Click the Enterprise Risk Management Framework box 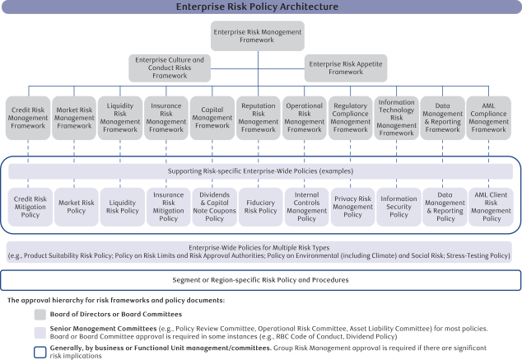pyautogui.click(x=258, y=36)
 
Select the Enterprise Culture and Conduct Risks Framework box pyautogui.click(x=170, y=68)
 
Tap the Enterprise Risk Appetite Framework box pyautogui.click(x=346, y=68)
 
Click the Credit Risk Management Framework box pyautogui.click(x=28, y=118)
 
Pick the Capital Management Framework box pyautogui.click(x=212, y=118)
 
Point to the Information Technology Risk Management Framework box pyautogui.click(x=396, y=118)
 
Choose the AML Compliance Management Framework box pyautogui.click(x=489, y=118)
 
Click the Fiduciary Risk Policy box pyautogui.click(x=261, y=207)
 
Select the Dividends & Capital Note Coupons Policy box pyautogui.click(x=214, y=207)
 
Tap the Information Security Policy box pyautogui.click(x=398, y=207)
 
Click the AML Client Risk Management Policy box pyautogui.click(x=491, y=207)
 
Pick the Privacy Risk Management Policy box pyautogui.click(x=353, y=207)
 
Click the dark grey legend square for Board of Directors pyautogui.click(x=40, y=315)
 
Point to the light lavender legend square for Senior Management pyautogui.click(x=40, y=333)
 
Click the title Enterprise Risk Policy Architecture pyautogui.click(x=257, y=7)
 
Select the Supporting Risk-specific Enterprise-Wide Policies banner pyautogui.click(x=260, y=171)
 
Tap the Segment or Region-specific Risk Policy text pyautogui.click(x=260, y=280)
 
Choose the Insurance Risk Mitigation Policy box pyautogui.click(x=169, y=207)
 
